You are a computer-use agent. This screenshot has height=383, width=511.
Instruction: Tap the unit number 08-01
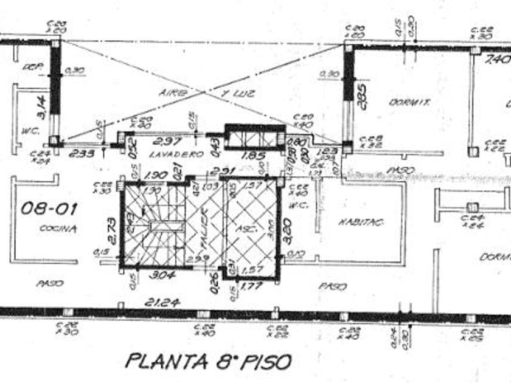point(40,209)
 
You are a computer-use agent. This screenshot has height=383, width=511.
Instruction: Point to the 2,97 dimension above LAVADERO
point(166,141)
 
